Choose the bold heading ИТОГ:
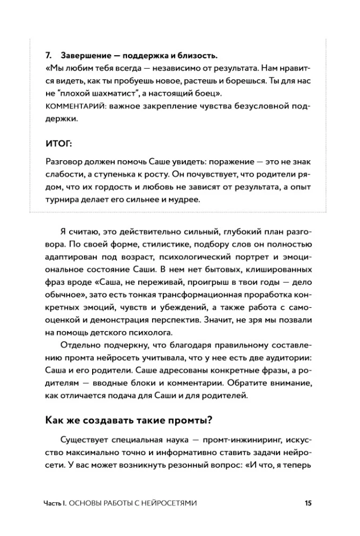tap(59, 143)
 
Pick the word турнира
tap(66, 200)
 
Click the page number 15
tap(307, 503)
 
